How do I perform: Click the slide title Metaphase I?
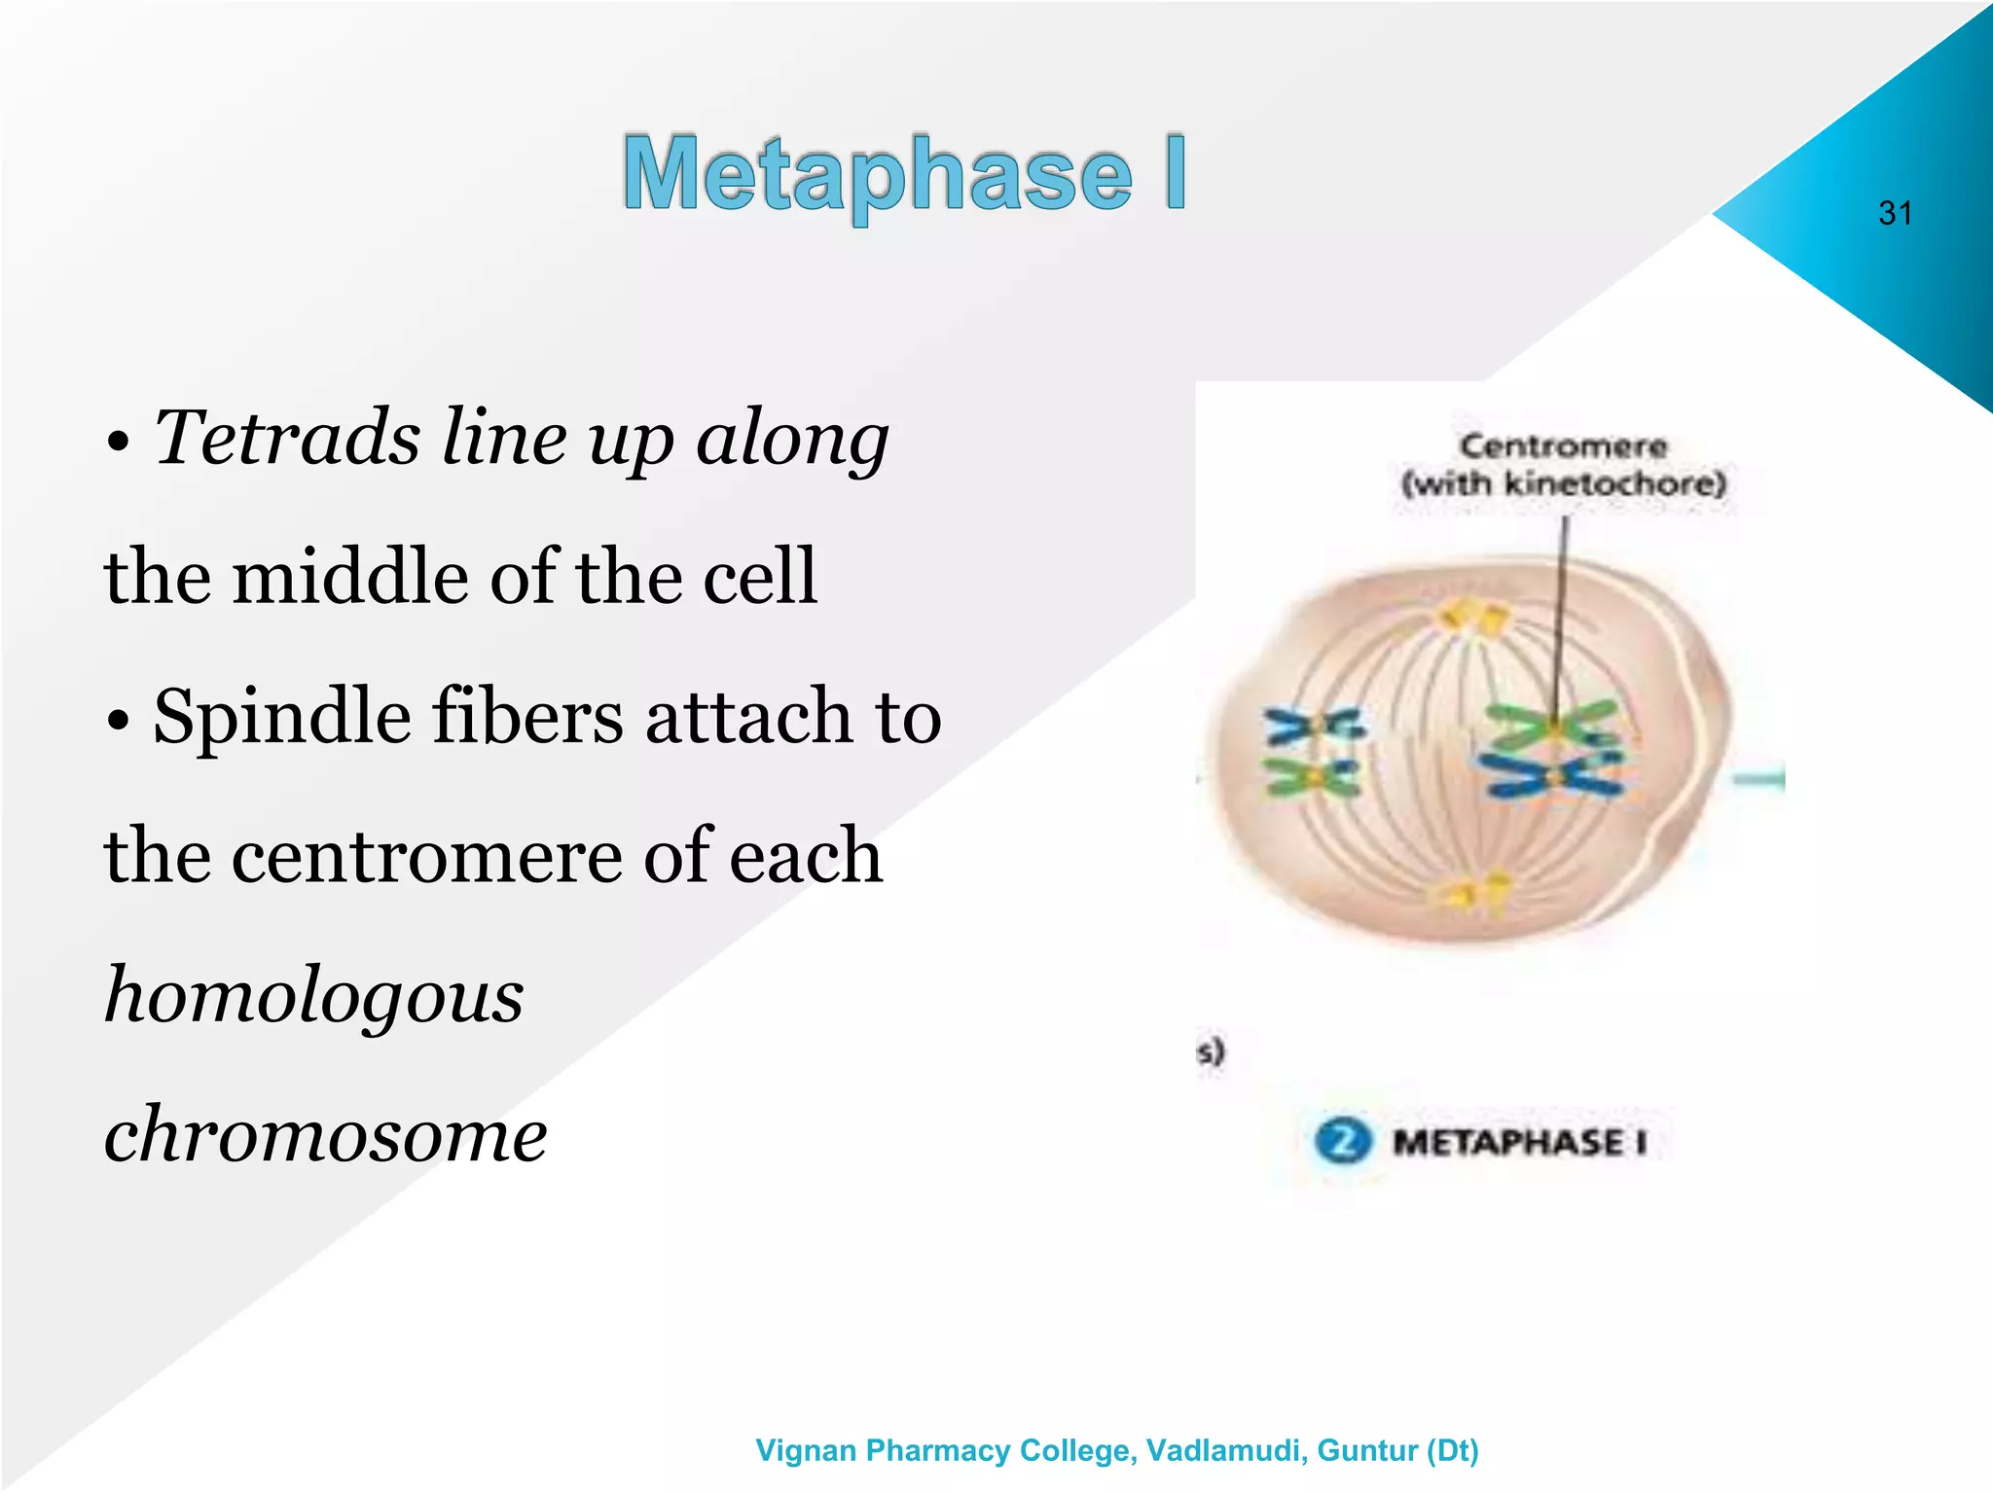[904, 175]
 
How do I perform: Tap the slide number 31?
[1895, 213]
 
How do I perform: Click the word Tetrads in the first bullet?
[287, 438]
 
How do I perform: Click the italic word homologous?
[313, 996]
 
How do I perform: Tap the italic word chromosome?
[325, 1135]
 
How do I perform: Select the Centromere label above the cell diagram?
[1563, 446]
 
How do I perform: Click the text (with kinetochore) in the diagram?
[1563, 483]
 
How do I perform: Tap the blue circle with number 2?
[1343, 1141]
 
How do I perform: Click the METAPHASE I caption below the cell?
[1519, 1142]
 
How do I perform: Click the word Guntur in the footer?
[1366, 1450]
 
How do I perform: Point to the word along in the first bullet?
[791, 438]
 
